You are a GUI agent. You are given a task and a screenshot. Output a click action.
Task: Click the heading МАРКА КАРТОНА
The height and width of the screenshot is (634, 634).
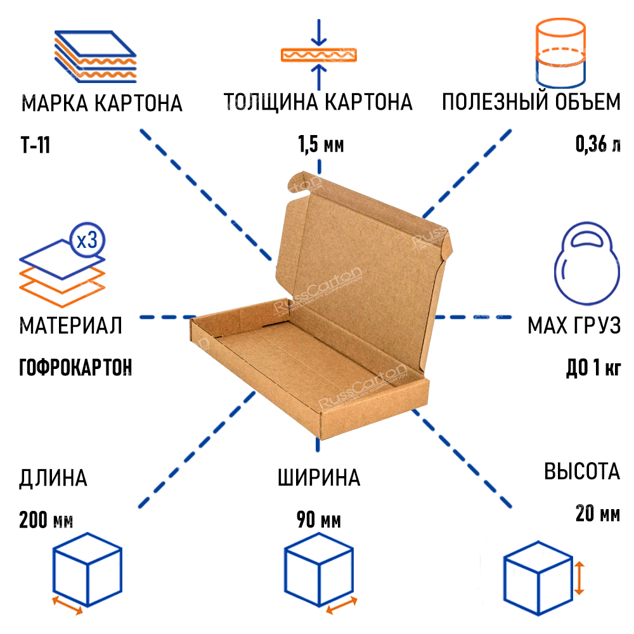(102, 103)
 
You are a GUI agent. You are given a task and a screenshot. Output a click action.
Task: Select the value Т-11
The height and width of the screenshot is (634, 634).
(35, 145)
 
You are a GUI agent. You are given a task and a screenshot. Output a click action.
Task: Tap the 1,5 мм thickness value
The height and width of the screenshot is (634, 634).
(321, 145)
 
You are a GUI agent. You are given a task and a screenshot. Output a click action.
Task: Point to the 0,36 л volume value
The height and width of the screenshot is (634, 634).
(598, 144)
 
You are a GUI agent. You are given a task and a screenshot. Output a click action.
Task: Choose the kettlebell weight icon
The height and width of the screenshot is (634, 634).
(586, 263)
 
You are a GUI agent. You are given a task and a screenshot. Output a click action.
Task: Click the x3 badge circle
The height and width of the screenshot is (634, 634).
(87, 240)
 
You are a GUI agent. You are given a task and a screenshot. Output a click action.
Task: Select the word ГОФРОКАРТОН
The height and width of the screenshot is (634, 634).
(75, 367)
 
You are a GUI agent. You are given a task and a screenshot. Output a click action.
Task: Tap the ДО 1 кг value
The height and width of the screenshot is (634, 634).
(593, 368)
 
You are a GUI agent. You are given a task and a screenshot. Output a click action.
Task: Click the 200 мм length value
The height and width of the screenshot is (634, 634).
(46, 520)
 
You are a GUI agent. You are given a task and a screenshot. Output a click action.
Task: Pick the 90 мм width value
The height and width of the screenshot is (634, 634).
(319, 520)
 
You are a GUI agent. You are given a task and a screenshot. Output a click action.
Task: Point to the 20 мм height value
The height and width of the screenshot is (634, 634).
(598, 514)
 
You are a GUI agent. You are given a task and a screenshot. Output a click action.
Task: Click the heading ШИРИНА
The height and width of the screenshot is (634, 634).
(319, 477)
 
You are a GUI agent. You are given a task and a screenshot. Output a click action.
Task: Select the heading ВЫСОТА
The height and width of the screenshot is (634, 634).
(582, 472)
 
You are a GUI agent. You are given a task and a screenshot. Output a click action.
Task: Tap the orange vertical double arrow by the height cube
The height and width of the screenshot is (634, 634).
(579, 578)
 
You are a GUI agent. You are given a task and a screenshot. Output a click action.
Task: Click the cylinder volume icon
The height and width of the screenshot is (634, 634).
(560, 53)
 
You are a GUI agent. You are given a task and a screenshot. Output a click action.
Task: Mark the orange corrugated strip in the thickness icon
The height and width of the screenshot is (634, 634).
(319, 55)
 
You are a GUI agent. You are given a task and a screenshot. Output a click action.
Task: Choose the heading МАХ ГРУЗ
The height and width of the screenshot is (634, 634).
(574, 325)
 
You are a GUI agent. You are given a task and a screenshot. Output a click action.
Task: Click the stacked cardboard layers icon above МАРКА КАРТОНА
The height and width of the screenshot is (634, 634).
(96, 56)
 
